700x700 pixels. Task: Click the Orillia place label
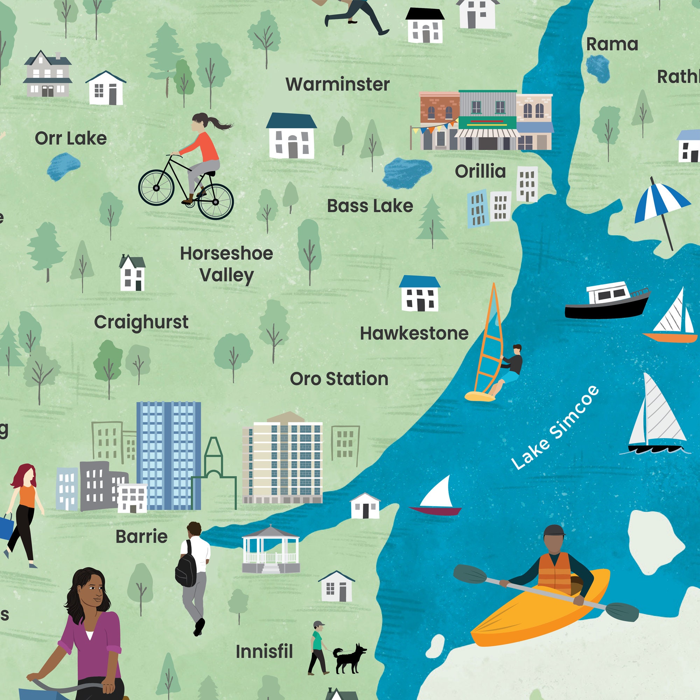[480, 171]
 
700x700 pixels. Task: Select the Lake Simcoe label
[554, 428]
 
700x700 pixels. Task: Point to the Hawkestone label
[414, 333]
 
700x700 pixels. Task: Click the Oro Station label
[339, 379]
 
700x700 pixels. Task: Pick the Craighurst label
[141, 322]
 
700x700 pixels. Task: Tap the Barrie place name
[141, 537]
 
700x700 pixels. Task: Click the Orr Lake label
[71, 138]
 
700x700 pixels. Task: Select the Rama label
[612, 44]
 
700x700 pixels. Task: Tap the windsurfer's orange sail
[489, 344]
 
